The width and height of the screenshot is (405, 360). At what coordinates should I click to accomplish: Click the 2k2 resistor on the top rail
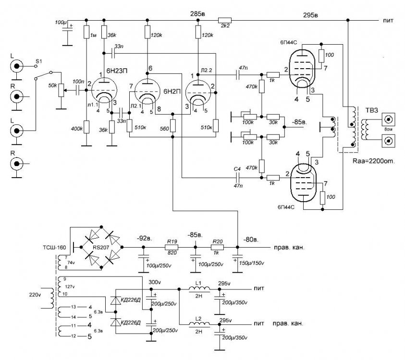tap(224, 20)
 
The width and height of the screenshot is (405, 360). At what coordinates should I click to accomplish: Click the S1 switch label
tap(40, 61)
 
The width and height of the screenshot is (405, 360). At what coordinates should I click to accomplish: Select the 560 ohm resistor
tap(172, 126)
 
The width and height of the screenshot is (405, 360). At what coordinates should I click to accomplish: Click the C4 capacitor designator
tap(237, 169)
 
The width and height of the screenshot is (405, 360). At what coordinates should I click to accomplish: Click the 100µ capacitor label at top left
tap(61, 22)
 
